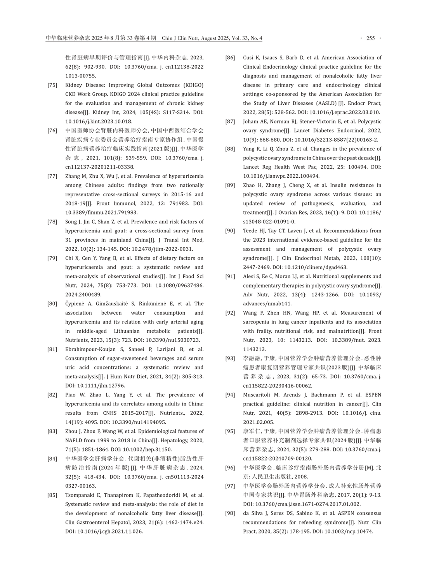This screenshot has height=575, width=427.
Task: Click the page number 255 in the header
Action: coord(370,38)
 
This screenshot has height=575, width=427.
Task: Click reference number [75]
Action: coord(52,85)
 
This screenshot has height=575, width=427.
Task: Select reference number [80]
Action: coord(52,304)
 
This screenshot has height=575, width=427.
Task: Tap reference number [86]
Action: coord(230,58)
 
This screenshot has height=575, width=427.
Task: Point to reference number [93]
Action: coord(230,359)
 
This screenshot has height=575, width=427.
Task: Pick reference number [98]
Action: coord(230,513)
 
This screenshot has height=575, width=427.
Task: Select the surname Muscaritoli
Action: coord(257,395)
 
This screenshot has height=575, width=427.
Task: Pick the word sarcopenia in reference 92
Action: coord(257,322)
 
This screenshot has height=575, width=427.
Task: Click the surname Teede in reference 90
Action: coord(250,231)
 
